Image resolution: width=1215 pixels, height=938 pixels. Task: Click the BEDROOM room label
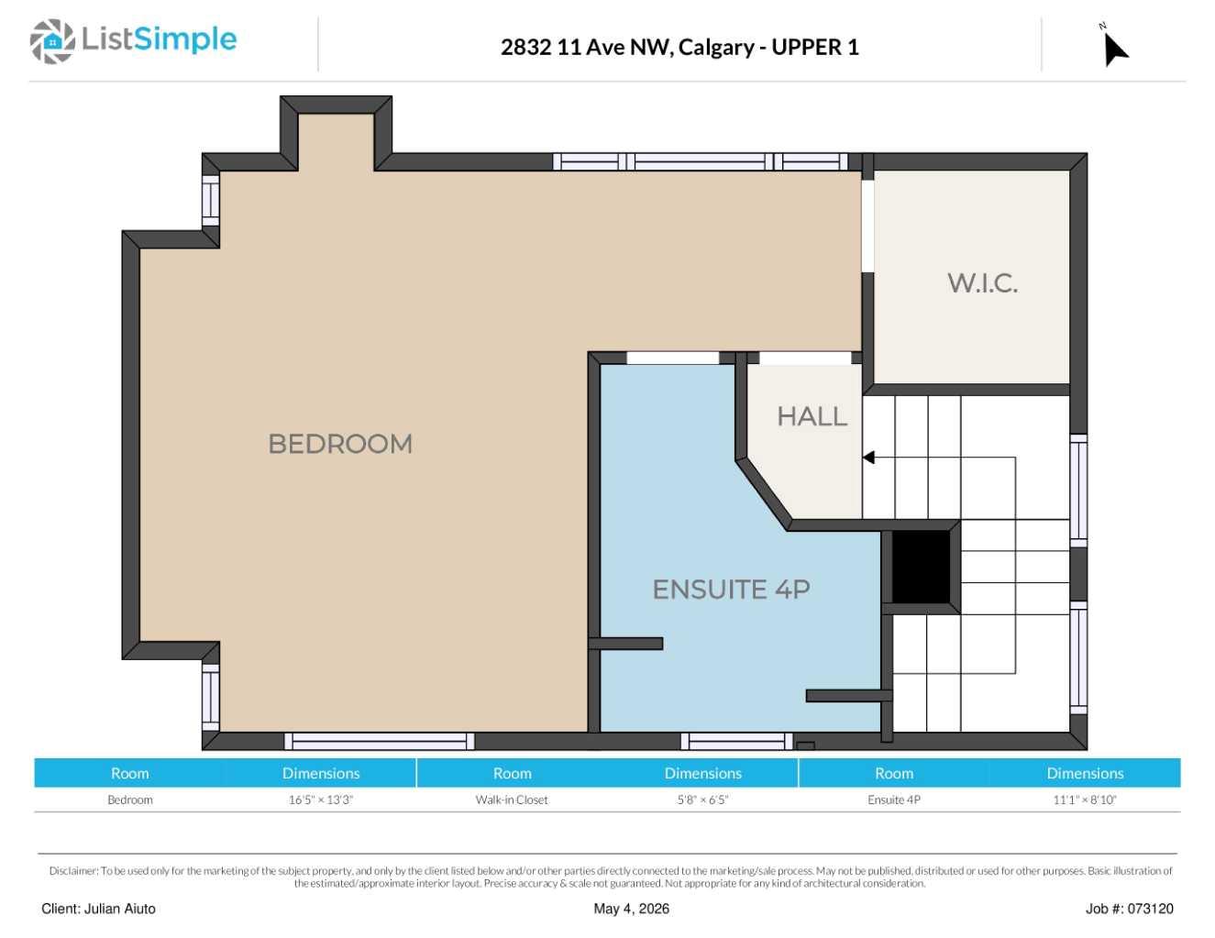pos(340,444)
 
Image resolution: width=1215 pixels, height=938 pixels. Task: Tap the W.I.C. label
pos(982,282)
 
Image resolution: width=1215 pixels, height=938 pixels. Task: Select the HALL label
pos(812,416)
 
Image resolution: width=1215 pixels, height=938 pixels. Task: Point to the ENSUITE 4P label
pos(732,590)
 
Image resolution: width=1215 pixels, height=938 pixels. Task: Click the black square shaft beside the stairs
pos(921,567)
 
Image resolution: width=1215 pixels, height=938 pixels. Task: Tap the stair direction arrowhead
pos(868,458)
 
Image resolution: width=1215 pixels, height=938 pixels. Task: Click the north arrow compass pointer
pos(1116,50)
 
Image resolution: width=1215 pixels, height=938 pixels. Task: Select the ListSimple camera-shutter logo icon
pos(52,41)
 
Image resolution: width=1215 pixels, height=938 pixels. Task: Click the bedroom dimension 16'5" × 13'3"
pos(320,800)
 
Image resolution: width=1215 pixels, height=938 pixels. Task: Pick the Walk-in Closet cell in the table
pos(512,800)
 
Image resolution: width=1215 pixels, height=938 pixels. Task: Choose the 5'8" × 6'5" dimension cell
pos(702,800)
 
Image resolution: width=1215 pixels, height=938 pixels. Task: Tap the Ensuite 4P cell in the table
pos(894,800)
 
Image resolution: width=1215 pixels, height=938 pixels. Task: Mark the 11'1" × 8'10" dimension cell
pos(1085,800)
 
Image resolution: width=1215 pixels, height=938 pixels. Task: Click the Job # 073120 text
pos(1130,909)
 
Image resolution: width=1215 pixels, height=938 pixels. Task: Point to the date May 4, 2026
pos(631,909)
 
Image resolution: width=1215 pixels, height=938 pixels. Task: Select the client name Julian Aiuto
pos(119,909)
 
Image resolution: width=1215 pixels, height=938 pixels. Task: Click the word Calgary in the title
pos(716,48)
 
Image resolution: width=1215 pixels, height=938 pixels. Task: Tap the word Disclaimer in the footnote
pos(73,870)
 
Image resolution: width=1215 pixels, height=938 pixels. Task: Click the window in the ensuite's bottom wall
pos(736,741)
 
